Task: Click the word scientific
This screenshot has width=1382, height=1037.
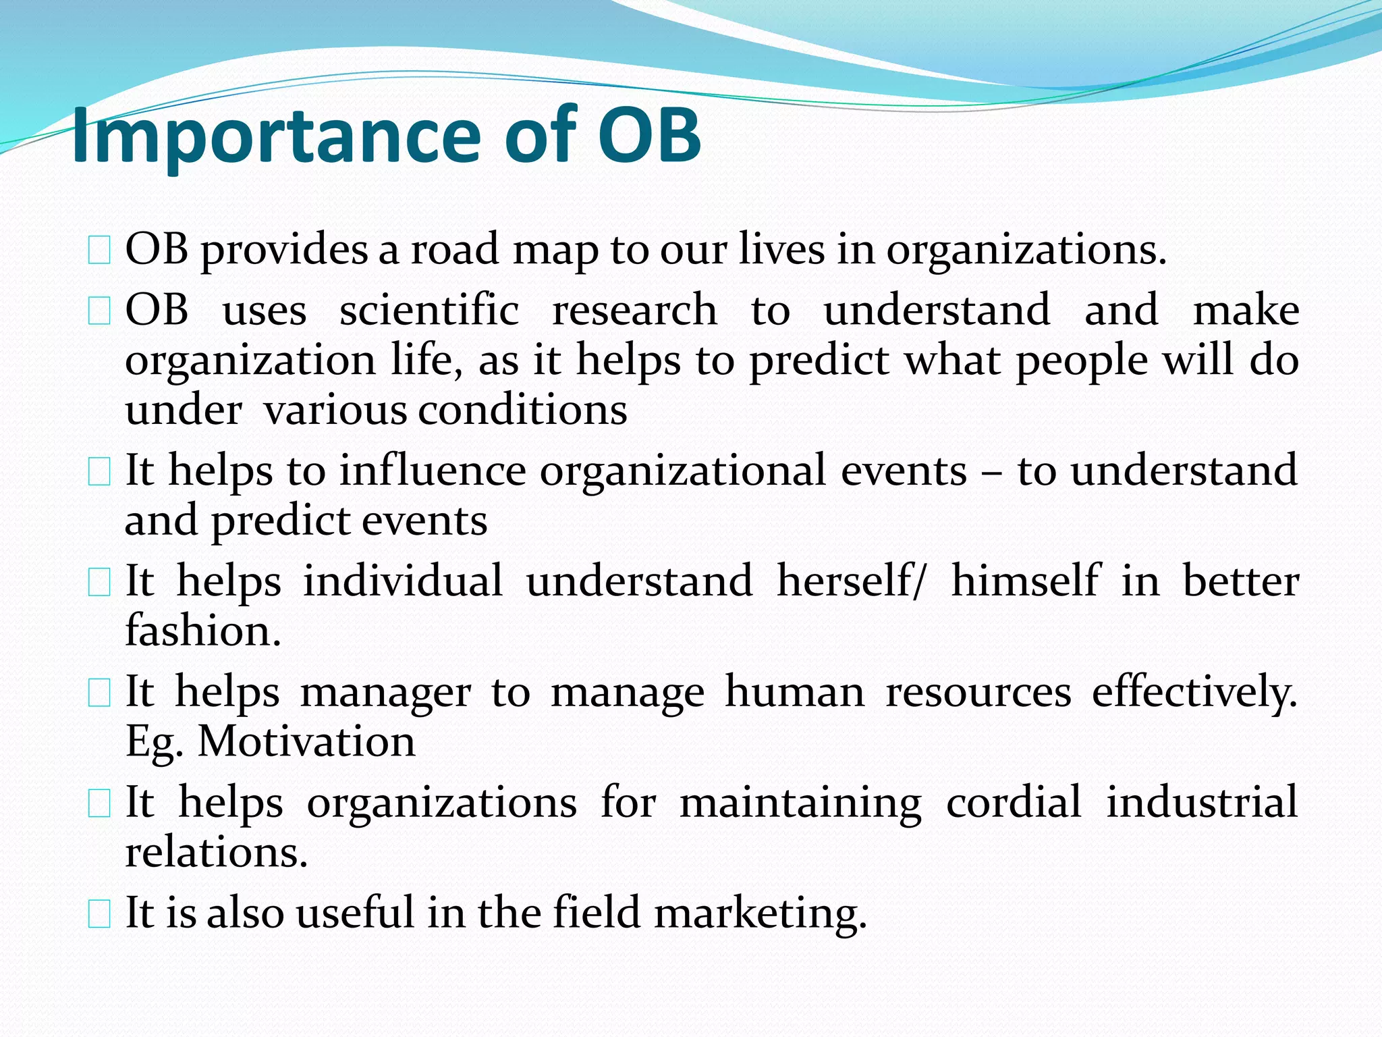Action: click(429, 311)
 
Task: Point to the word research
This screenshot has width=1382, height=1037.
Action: click(634, 311)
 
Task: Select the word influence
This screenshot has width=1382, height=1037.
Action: click(432, 471)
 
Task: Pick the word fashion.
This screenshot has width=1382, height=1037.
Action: click(202, 631)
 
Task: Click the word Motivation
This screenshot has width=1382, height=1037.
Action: click(306, 742)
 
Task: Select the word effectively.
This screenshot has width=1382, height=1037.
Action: click(1194, 693)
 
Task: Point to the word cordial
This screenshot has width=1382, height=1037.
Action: click(1014, 803)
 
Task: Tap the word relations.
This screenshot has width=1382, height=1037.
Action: click(216, 853)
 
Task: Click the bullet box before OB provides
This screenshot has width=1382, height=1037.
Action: click(99, 252)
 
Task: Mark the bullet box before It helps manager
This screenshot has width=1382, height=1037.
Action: click(99, 694)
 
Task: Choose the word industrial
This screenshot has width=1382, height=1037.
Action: click(1201, 803)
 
